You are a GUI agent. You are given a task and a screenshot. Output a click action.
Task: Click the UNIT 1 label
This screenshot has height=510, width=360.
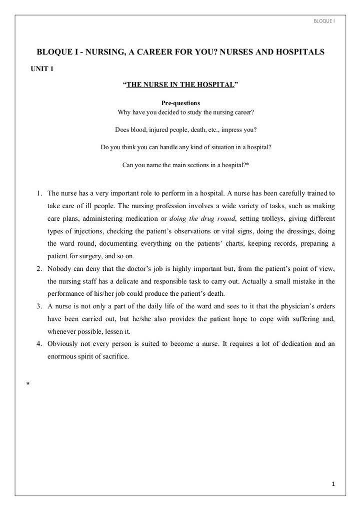tap(42, 69)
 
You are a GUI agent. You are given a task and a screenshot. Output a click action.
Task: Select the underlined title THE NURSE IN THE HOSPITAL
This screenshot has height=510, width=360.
tap(180, 85)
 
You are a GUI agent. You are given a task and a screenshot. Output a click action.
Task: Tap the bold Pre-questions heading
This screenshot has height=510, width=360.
tap(180, 103)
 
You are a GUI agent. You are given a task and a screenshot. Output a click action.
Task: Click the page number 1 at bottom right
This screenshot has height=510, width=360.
tap(333, 484)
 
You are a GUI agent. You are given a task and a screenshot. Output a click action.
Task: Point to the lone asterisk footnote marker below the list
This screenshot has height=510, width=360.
tap(28, 384)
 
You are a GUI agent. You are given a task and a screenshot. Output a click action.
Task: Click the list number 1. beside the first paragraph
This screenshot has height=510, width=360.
tap(39, 193)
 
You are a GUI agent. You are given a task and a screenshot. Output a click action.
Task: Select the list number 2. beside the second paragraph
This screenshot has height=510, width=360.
tap(39, 269)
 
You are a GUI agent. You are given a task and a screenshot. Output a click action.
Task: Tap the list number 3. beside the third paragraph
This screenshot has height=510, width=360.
tap(39, 306)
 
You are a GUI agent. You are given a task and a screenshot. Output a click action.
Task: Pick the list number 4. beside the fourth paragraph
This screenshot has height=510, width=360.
tap(39, 344)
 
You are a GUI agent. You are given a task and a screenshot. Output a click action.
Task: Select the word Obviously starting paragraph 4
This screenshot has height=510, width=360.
tap(63, 344)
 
